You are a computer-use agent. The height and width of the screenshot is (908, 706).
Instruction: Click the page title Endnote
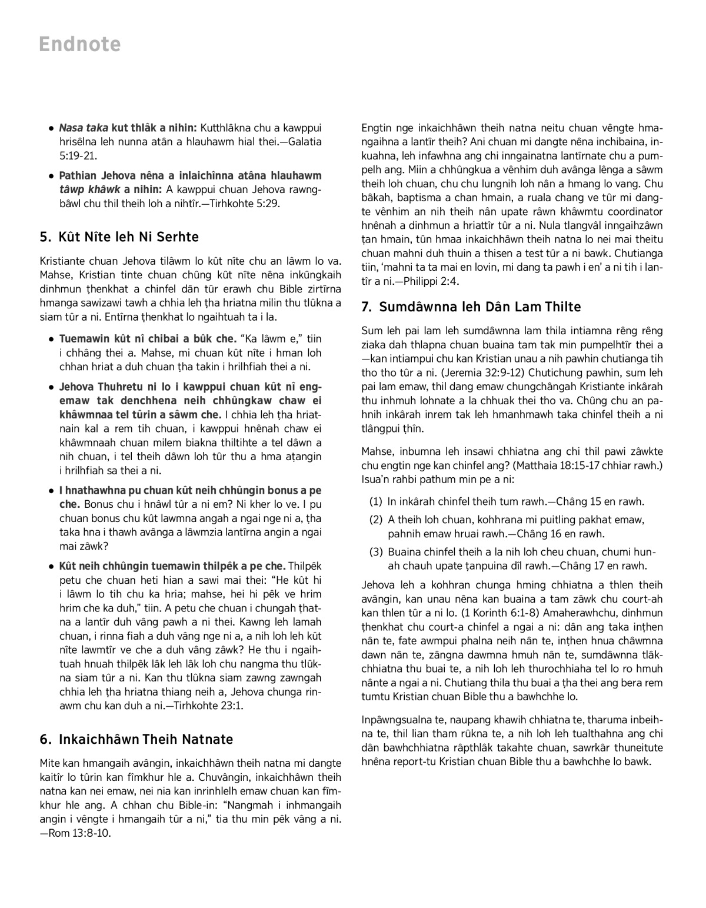[80, 44]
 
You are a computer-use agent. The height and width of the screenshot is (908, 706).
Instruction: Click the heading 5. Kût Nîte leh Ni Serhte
[119, 237]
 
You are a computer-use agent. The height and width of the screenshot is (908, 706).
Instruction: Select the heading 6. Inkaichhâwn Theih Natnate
[136, 739]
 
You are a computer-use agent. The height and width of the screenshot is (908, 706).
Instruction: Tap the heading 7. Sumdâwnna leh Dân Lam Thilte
[471, 307]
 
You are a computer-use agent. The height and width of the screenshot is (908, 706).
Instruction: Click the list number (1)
[376, 502]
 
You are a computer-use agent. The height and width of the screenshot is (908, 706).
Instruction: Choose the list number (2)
[376, 520]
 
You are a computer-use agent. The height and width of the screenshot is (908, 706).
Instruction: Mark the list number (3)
[376, 552]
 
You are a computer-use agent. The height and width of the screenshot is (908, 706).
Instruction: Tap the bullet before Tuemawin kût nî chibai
[52, 339]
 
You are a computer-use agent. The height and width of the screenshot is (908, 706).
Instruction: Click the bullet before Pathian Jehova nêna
[52, 175]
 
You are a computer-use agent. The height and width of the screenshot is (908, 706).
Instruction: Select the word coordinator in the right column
[632, 212]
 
